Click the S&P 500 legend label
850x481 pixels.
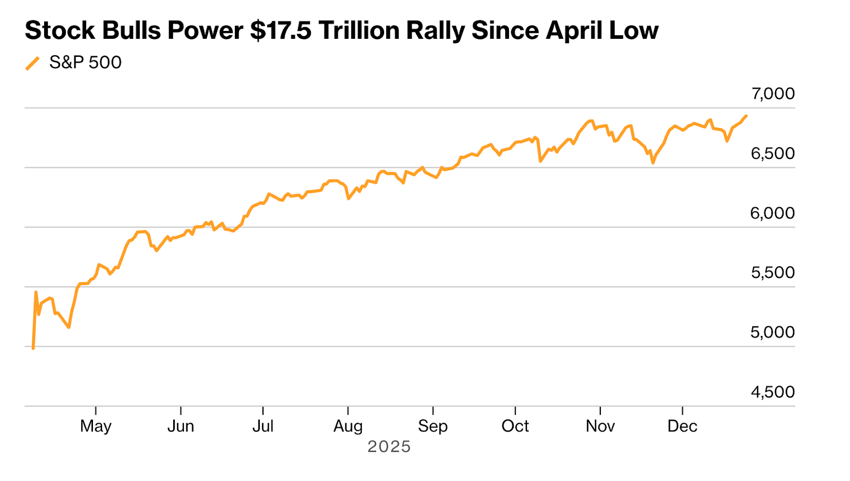(x=85, y=63)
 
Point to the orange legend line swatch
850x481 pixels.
(x=32, y=63)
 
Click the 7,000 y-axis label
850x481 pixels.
(x=772, y=94)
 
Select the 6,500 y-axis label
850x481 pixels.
(x=772, y=153)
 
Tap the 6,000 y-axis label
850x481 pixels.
(x=772, y=213)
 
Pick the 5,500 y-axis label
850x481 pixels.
(x=772, y=273)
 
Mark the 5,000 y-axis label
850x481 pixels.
(x=772, y=332)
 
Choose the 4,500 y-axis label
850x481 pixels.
(x=772, y=392)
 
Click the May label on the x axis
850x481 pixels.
(x=96, y=426)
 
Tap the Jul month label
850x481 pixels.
(x=263, y=426)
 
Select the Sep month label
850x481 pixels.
(x=433, y=426)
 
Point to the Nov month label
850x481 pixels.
(x=600, y=426)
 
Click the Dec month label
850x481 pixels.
(x=683, y=426)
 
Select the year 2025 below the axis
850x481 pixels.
(x=389, y=446)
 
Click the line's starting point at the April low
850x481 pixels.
(x=33, y=348)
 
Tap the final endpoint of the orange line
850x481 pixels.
(x=746, y=116)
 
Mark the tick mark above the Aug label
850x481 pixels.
(x=348, y=410)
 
